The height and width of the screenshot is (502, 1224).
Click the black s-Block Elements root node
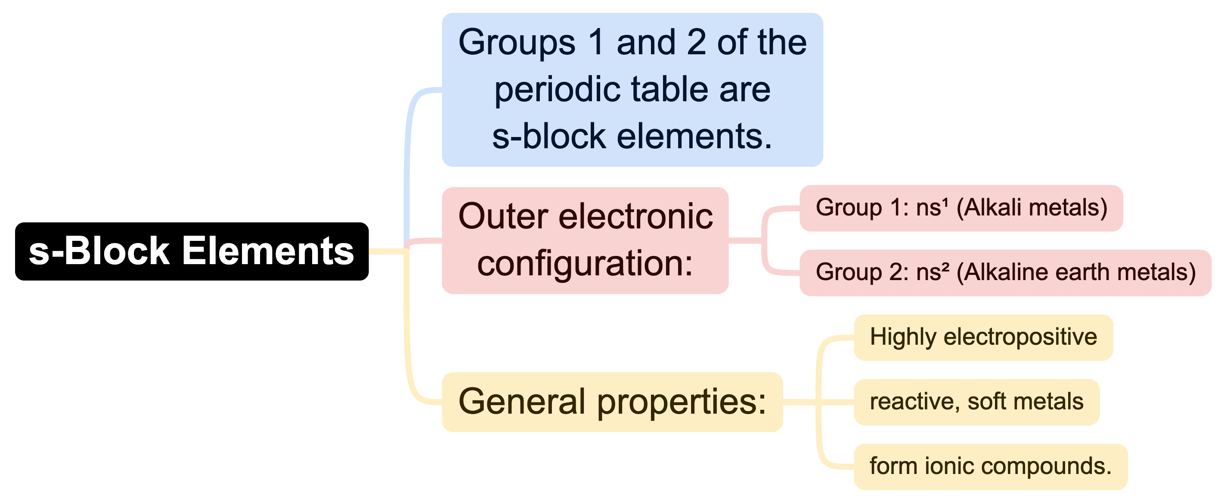tap(192, 251)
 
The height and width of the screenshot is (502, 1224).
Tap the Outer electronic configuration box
tap(585, 240)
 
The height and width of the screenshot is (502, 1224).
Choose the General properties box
tap(612, 402)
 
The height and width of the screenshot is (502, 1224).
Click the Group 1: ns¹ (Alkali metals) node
tap(961, 208)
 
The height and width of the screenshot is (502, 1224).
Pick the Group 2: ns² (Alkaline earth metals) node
tap(1005, 273)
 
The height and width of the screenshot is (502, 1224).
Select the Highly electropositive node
tap(983, 337)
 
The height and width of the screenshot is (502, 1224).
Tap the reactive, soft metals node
tap(976, 402)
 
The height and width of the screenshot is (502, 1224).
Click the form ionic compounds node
tap(990, 466)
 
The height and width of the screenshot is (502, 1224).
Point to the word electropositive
tap(1020, 337)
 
